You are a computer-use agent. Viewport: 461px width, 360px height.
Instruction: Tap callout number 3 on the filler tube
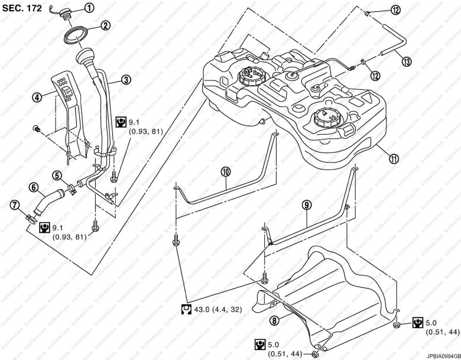[x=126, y=79]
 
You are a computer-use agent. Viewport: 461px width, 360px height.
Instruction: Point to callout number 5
[x=57, y=175]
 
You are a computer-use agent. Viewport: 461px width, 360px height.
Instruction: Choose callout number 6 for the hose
[x=34, y=189]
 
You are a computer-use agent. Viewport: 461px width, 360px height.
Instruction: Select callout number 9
[x=305, y=205]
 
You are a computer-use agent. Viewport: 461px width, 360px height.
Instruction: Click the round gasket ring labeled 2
[x=76, y=34]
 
